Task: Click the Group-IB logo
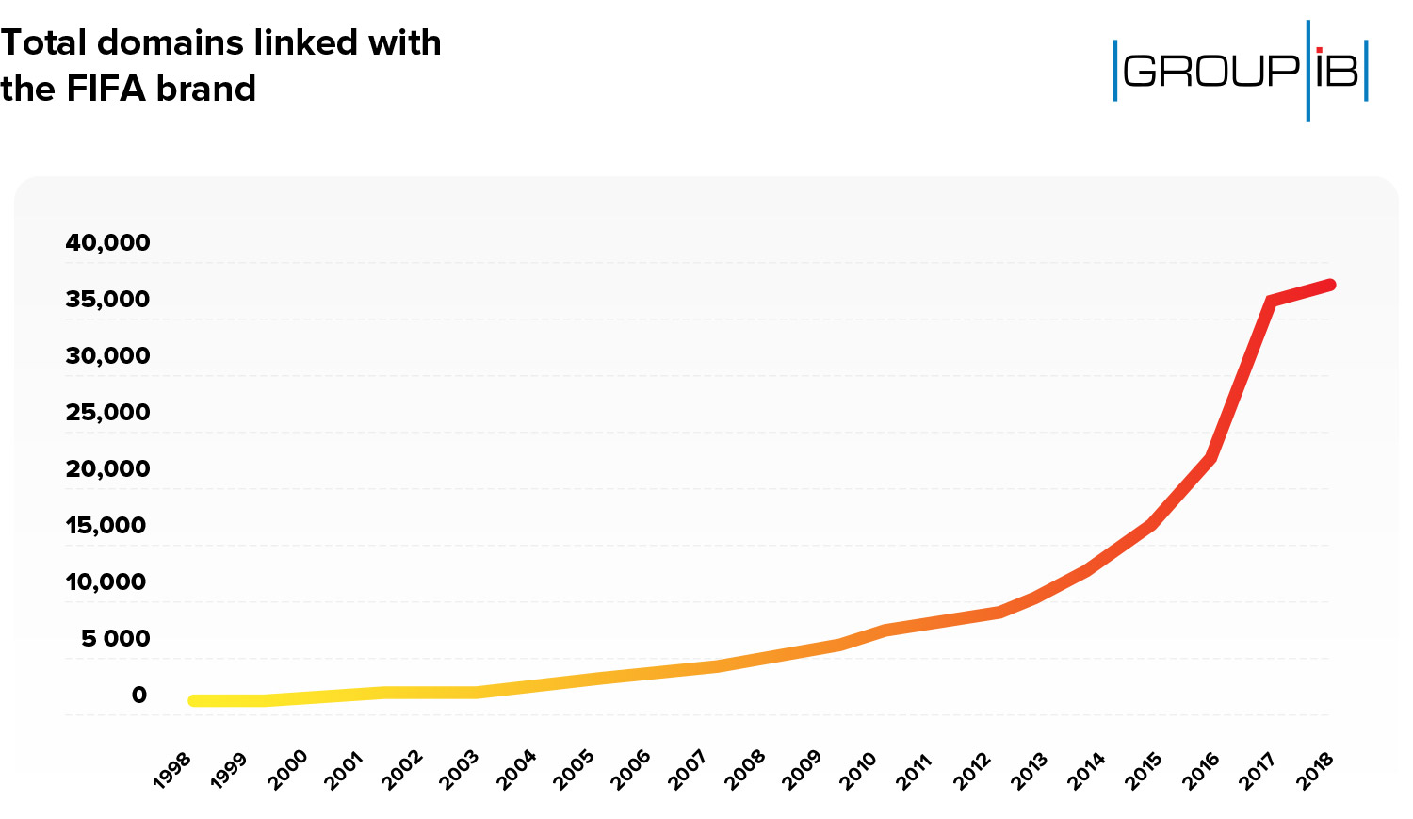point(1241,71)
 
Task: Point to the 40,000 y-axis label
point(107,242)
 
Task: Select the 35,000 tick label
point(107,299)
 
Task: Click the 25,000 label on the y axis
point(107,412)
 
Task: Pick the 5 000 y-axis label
point(115,638)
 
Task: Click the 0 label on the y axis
point(138,695)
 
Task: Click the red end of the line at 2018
point(1329,285)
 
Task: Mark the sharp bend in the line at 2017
point(1271,302)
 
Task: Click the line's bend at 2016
point(1211,458)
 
